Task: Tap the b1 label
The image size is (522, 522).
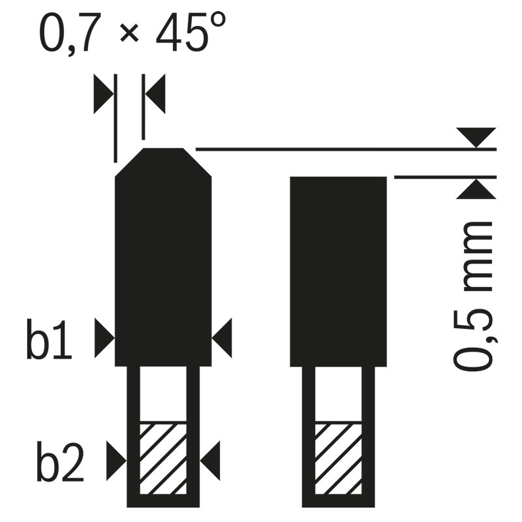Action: pyautogui.click(x=49, y=339)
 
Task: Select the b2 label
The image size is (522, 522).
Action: pyautogui.click(x=60, y=461)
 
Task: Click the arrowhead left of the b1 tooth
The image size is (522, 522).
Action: pyautogui.click(x=104, y=338)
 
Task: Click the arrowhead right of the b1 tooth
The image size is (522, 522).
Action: pyautogui.click(x=222, y=338)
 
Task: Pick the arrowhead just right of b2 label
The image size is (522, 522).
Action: pyautogui.click(x=117, y=461)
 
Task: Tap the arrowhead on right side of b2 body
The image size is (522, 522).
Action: pyautogui.click(x=209, y=461)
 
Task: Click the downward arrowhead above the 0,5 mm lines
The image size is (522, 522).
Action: pyautogui.click(x=476, y=137)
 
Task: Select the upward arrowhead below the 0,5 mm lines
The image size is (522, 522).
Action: pyautogui.click(x=476, y=189)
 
